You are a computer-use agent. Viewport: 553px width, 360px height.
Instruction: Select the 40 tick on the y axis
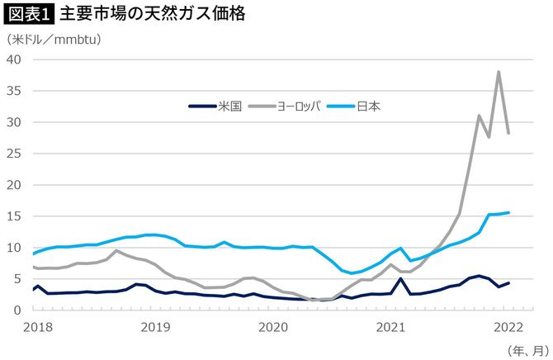click(x=15, y=59)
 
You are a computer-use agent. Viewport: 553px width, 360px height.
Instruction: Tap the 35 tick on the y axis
click(x=15, y=91)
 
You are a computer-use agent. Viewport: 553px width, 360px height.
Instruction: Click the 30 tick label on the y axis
click(x=15, y=122)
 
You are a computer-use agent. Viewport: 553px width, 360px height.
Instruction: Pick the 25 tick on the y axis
click(x=15, y=154)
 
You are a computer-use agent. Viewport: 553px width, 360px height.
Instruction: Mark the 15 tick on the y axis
click(x=15, y=216)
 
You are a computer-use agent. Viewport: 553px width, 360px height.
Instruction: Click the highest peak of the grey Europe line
click(x=499, y=72)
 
